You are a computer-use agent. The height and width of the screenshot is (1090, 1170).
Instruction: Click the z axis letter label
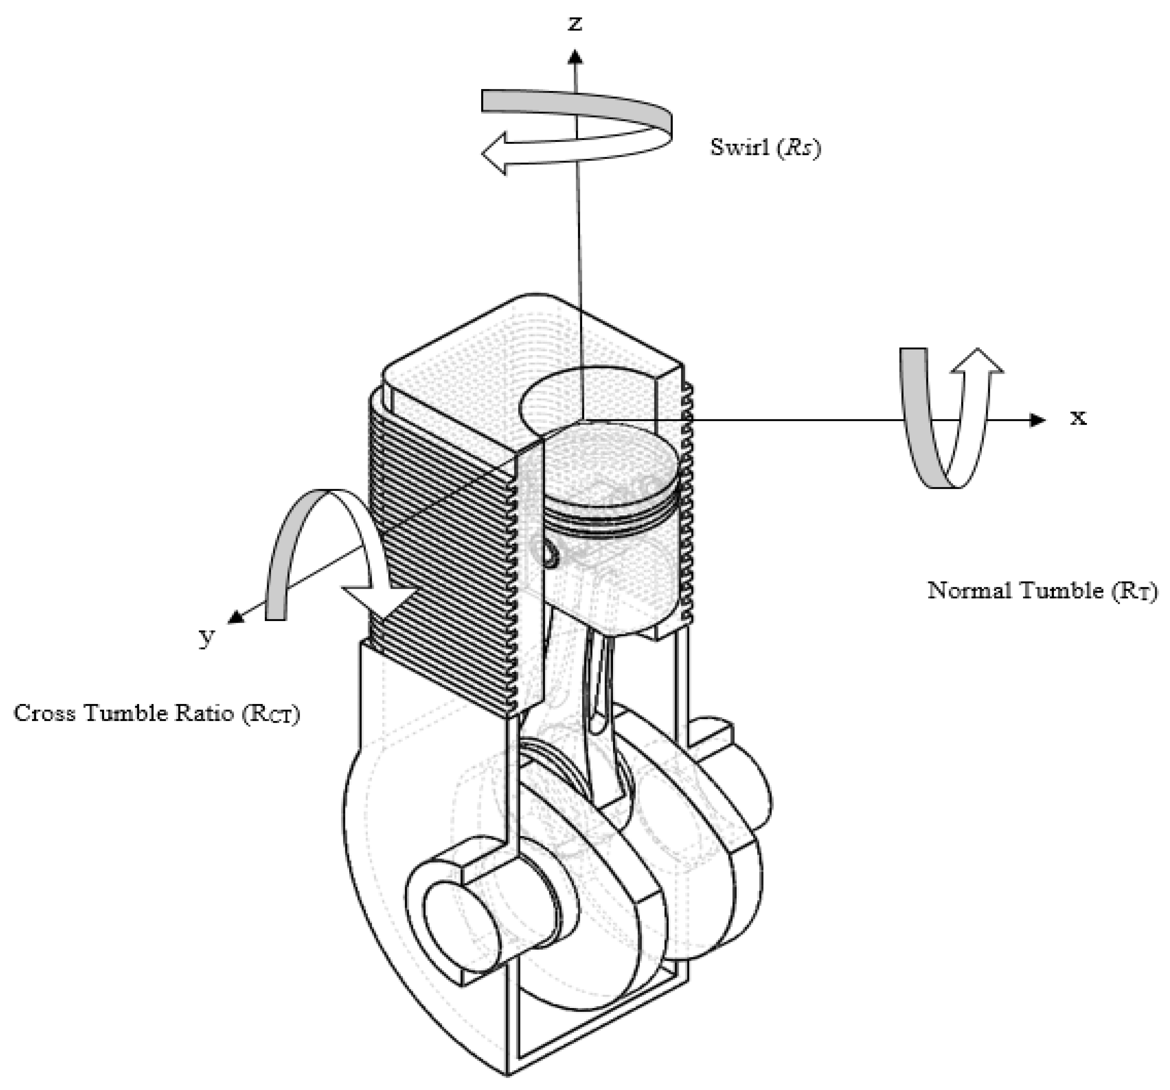(x=575, y=24)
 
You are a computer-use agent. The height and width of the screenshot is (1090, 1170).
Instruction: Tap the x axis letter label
(x=1078, y=417)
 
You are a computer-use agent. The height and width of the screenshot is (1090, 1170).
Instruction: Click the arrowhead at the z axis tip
(x=575, y=57)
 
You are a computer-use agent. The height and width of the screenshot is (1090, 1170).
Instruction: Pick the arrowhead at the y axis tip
(x=236, y=616)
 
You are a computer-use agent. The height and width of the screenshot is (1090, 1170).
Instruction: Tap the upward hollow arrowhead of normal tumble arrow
(x=977, y=362)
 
